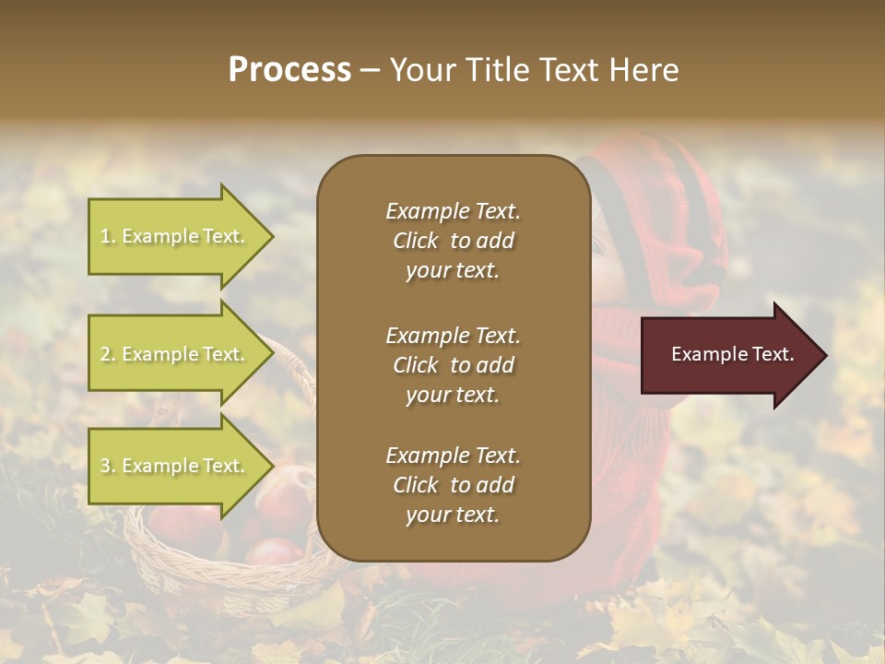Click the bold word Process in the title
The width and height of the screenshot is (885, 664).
tap(289, 70)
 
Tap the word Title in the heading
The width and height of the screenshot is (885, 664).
tap(500, 70)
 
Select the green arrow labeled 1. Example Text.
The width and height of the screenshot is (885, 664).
tap(175, 236)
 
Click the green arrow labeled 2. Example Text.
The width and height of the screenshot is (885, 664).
tap(175, 354)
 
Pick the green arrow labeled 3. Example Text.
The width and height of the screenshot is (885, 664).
tap(175, 466)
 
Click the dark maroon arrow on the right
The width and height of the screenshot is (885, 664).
tap(728, 354)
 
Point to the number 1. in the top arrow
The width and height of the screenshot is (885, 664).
tap(108, 236)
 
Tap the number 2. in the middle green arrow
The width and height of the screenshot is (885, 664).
tap(108, 354)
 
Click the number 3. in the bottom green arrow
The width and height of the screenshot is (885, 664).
tap(108, 466)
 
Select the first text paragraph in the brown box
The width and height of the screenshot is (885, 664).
tap(453, 241)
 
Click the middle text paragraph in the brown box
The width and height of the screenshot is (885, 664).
tap(453, 365)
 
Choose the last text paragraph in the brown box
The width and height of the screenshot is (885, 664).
tap(453, 485)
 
